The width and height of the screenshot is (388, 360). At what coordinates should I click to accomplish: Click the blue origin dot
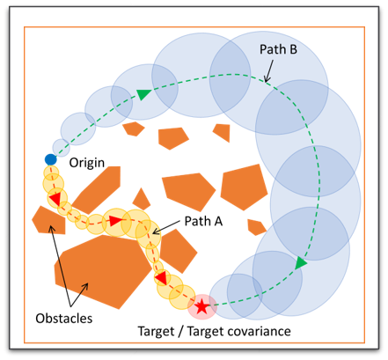point(50,159)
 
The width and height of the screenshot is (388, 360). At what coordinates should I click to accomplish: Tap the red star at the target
point(201,306)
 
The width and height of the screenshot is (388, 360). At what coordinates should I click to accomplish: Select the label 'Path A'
point(203,221)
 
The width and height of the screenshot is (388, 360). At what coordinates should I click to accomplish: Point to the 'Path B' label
point(278,49)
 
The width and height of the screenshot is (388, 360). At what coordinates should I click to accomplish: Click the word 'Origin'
point(87,163)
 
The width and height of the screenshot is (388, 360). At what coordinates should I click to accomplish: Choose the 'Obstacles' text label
point(64,319)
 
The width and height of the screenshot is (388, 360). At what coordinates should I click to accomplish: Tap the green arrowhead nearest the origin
point(143,94)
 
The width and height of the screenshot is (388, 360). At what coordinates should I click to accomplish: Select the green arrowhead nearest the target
point(301,263)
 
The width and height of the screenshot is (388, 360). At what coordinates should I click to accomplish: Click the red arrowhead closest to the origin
point(55,199)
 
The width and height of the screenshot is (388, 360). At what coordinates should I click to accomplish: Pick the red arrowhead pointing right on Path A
point(115,220)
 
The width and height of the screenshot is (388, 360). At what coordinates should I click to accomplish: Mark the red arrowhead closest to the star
point(162,277)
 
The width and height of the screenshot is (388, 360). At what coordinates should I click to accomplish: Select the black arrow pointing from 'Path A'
point(166,228)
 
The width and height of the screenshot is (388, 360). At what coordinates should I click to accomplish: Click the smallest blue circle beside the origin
point(61,147)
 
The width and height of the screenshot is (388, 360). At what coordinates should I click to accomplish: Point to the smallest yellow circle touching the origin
point(51,173)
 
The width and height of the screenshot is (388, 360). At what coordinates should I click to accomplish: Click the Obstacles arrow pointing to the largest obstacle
point(79,295)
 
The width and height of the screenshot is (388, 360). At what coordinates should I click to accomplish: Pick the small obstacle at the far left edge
point(48,220)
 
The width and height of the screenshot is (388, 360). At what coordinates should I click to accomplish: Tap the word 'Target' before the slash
point(156,331)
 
